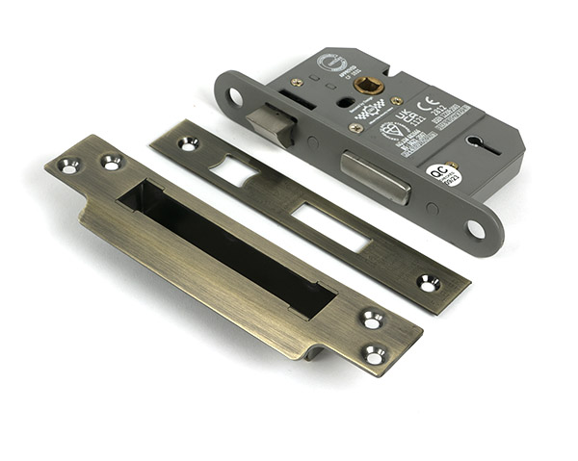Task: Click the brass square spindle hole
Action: (365, 85)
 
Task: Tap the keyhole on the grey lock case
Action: (479, 144)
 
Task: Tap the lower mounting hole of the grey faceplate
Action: (475, 228)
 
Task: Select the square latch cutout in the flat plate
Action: (234, 171)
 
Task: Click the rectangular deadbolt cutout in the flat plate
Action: (328, 226)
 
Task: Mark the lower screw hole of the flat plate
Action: (428, 283)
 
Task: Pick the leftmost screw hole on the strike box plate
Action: (69, 166)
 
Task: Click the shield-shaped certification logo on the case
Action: (390, 130)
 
